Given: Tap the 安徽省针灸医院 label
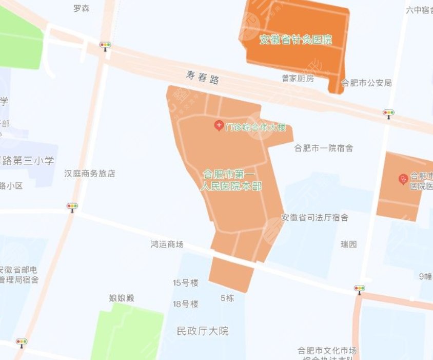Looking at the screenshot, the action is tap(296, 40).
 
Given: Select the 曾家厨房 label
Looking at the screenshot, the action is tap(298, 78).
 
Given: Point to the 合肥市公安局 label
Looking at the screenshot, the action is tap(367, 82).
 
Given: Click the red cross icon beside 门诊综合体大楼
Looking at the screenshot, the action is tap(219, 125).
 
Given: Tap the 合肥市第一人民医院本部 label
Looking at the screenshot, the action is tap(232, 179).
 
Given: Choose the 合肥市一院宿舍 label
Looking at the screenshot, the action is tap(323, 148).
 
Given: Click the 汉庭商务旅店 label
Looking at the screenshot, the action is tap(90, 174).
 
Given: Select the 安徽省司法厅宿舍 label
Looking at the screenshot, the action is tap(315, 217).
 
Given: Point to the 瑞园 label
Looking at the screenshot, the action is tap(348, 244).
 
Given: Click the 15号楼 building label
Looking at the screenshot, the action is tap(185, 282).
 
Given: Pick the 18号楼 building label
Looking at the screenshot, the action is tap(185, 304).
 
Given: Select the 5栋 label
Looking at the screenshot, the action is tap(227, 297).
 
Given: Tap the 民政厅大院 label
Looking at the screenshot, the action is tap(202, 330).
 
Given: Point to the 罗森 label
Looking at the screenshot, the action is tap(81, 8).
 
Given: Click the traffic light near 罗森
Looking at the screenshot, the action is tap(105, 45).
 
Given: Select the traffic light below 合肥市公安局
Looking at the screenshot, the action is tap(388, 112).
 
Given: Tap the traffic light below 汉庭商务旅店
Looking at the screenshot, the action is tap(72, 206).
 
